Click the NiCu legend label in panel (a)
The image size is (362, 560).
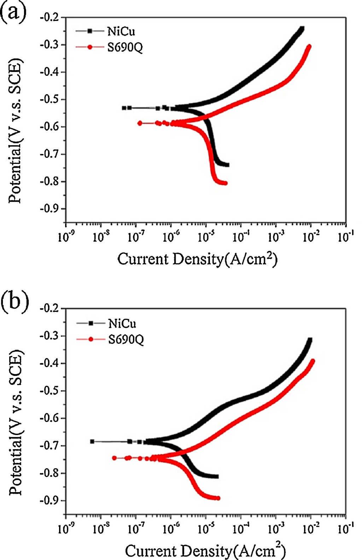(121, 32)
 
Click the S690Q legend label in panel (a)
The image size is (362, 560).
(125, 47)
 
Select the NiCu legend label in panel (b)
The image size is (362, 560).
(122, 323)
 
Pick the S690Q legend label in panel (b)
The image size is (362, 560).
(126, 339)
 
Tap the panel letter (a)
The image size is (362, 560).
(13, 13)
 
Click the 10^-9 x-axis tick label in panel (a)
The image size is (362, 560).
(65, 236)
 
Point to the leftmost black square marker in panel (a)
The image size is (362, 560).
(124, 108)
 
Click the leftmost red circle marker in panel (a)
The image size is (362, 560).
(140, 123)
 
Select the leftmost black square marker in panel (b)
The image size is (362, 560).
(92, 441)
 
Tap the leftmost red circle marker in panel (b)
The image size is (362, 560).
(114, 458)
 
